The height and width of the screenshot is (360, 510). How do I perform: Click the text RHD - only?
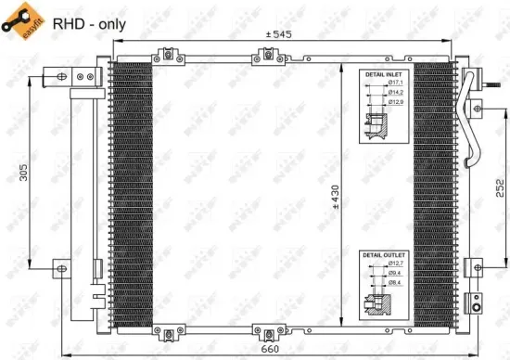(90, 24)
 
